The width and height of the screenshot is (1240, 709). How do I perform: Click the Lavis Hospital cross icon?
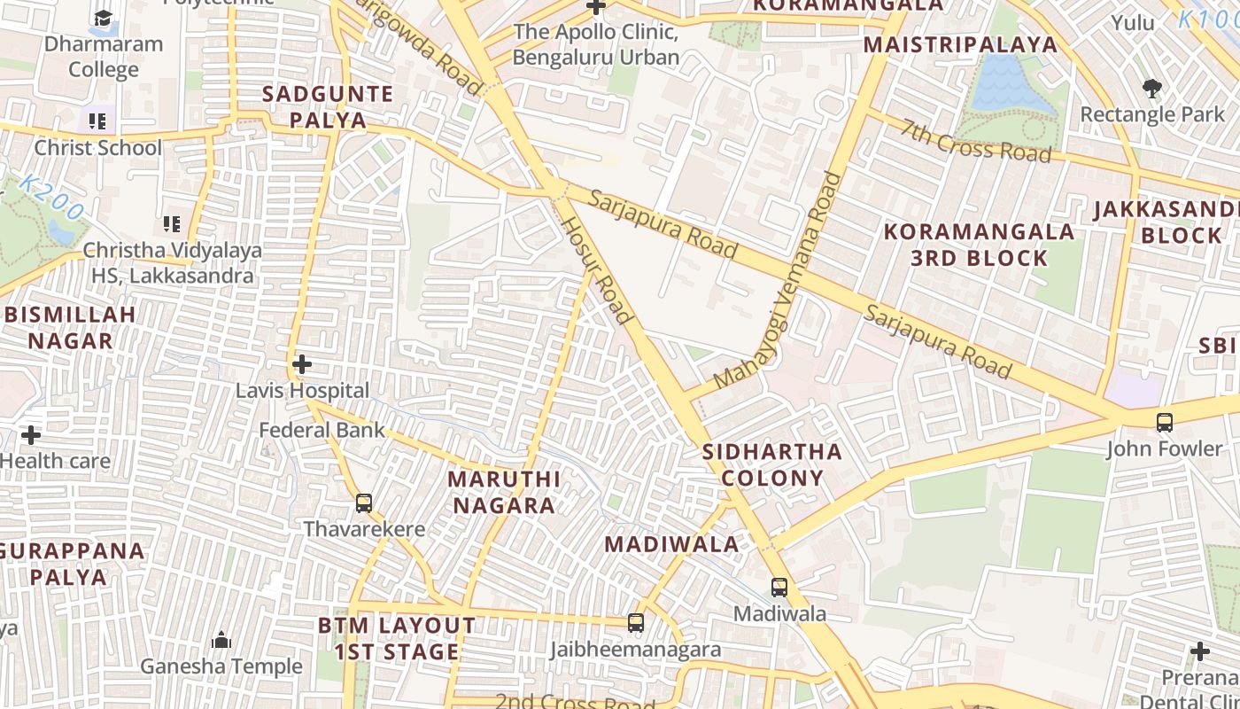[302, 364]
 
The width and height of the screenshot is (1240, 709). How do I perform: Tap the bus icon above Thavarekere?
[363, 503]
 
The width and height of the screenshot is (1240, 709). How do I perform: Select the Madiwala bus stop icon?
[779, 587]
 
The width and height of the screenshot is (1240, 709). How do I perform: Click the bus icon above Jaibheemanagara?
[635, 623]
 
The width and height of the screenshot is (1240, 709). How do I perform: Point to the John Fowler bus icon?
[1165, 423]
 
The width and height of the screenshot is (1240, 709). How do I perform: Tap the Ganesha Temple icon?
[221, 640]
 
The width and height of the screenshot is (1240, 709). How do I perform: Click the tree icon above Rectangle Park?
[1151, 88]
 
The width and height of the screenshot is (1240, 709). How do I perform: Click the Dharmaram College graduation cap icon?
[104, 18]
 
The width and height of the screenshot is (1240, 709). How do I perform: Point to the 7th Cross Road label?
[976, 140]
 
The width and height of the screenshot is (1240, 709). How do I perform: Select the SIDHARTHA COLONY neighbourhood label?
[771, 464]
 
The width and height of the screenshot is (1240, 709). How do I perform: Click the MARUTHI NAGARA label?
[503, 492]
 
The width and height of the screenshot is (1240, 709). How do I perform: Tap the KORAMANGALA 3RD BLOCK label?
[979, 245]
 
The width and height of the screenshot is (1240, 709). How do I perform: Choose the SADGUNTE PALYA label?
[327, 106]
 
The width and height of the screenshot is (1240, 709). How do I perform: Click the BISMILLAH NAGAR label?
[70, 327]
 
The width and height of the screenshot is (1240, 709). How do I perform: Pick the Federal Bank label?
[322, 431]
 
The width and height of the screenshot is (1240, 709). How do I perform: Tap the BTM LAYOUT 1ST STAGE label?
[397, 638]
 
